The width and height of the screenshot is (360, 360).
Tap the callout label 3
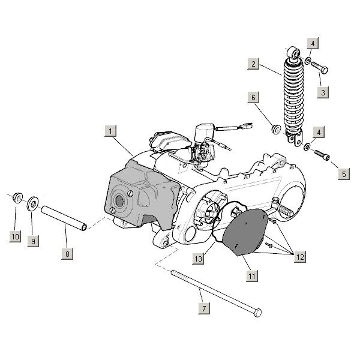pyautogui.click(x=325, y=92)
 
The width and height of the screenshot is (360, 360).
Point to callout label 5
pyautogui.click(x=344, y=174)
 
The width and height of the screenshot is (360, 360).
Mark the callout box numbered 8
pyautogui.click(x=67, y=254)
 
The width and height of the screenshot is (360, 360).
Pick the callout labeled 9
pyautogui.click(x=33, y=241)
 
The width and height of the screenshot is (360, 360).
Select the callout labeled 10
pyautogui.click(x=14, y=236)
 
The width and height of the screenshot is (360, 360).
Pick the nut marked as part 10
pyautogui.click(x=17, y=196)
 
